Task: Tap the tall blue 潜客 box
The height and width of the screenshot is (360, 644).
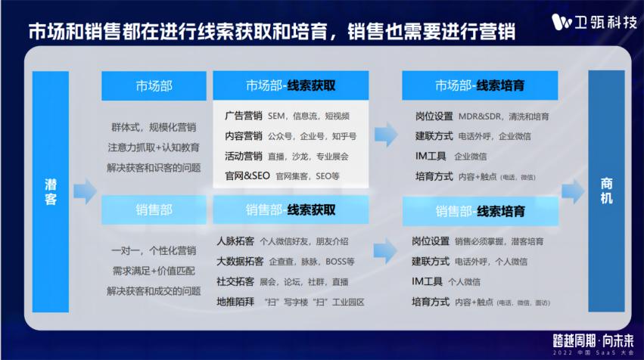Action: point(50,191)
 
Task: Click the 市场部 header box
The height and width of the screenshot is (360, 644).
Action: point(154,86)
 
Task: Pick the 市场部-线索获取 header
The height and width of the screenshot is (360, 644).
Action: point(291,86)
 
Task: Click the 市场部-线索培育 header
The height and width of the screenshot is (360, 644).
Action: point(480,86)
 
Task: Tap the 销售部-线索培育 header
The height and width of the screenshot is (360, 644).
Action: point(480,211)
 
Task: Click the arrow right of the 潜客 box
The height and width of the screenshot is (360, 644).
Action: point(85,191)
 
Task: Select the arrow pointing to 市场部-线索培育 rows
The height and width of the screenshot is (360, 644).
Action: point(386,136)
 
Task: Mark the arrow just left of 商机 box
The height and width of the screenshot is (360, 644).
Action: point(572,191)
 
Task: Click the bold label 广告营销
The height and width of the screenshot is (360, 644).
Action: point(244,116)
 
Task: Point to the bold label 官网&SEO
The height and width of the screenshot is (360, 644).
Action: point(247,175)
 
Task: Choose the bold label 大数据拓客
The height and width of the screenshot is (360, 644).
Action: point(240,262)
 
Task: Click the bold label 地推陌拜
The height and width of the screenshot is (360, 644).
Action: point(235,302)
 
